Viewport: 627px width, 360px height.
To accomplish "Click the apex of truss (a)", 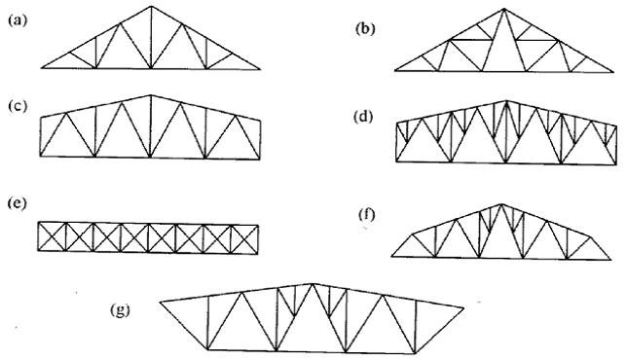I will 151,6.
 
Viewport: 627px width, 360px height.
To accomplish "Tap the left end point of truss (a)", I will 41,69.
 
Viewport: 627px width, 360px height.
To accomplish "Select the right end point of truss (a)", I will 261,69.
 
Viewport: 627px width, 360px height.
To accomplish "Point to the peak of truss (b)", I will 503,9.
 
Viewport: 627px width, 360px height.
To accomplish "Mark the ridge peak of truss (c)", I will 151,95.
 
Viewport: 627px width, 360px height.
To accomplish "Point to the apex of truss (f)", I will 501,203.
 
